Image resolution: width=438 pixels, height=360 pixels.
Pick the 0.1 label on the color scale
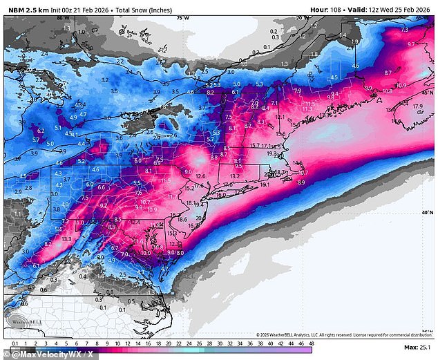(15, 344)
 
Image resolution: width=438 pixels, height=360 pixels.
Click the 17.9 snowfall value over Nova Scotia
(417, 106)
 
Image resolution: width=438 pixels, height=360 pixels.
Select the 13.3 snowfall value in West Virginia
(66, 238)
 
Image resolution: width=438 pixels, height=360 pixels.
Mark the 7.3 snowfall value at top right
(405, 30)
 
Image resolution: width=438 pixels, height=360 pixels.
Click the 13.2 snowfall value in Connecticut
(234, 176)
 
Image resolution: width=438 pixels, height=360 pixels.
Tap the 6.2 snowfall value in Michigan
(41, 130)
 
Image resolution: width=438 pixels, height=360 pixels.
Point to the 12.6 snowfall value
(200, 177)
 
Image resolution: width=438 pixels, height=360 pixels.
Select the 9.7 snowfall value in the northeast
(411, 44)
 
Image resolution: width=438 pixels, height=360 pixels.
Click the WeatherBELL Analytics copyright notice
(339, 335)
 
